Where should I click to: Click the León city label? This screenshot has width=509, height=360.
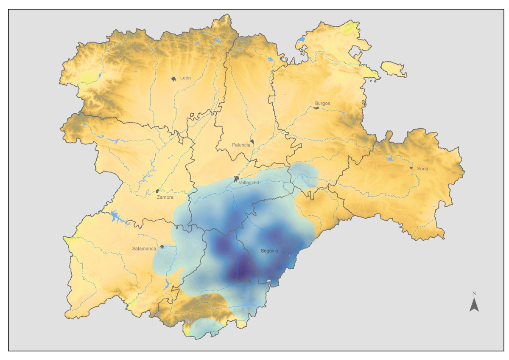185,78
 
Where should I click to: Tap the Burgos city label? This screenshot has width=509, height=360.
322,103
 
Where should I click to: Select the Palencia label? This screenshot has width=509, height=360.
241,145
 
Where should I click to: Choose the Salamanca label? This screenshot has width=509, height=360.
144,248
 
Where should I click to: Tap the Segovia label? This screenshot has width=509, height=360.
269,251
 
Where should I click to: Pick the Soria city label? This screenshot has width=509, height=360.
422,169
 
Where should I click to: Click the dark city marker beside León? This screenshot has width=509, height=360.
173,79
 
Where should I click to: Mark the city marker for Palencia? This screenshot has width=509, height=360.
252,142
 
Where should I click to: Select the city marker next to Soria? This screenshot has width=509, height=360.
411,168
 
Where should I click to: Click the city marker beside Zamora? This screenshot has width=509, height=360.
157,191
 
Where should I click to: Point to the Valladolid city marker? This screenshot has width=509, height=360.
236,179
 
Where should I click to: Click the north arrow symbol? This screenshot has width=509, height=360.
474,305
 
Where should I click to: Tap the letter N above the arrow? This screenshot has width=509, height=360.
474,293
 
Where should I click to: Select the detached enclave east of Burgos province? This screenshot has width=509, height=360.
394,69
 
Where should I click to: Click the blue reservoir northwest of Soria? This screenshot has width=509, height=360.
389,159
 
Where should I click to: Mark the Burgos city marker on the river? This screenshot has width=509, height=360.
316,108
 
